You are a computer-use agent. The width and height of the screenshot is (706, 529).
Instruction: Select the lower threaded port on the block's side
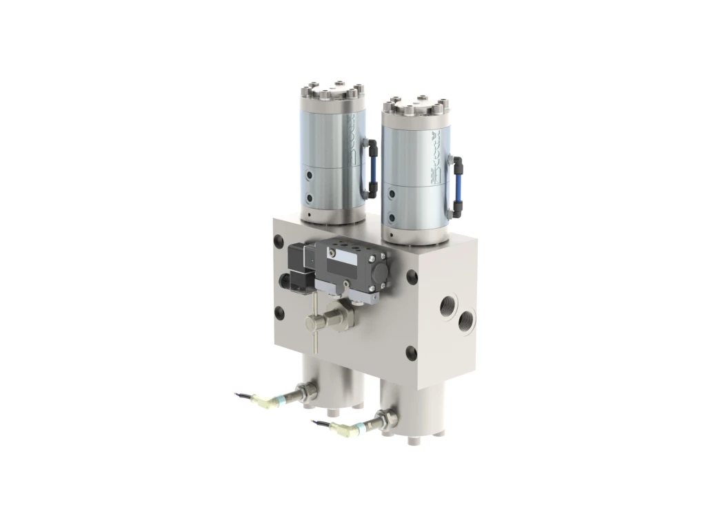point(467,318)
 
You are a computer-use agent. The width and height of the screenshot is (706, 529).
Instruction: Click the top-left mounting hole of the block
point(279,242)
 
